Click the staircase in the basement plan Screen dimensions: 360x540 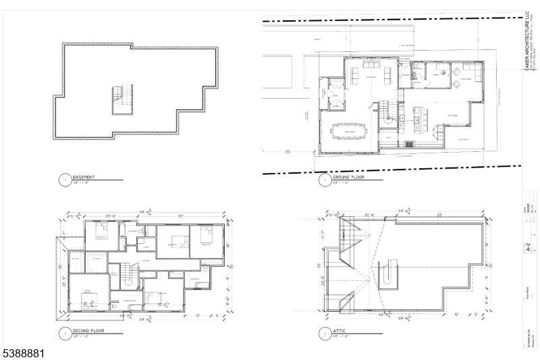122,99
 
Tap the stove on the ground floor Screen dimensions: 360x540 408,143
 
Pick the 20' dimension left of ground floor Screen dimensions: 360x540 288,151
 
